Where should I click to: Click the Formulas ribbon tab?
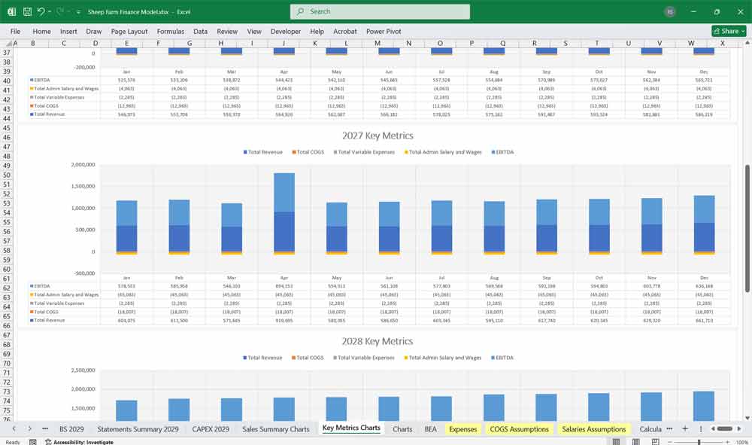pyautogui.click(x=171, y=32)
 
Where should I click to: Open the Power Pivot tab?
pyautogui.click(x=384, y=32)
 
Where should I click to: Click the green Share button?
pyautogui.click(x=728, y=31)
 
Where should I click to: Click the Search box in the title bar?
pyautogui.click(x=380, y=11)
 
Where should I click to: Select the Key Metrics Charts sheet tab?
pyautogui.click(x=351, y=428)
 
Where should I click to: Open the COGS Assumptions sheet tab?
pyautogui.click(x=519, y=429)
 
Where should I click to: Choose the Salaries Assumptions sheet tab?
pyautogui.click(x=593, y=429)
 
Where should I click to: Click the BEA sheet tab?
pyautogui.click(x=430, y=429)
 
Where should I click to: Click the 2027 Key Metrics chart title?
pyautogui.click(x=377, y=136)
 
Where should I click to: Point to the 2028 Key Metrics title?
pyautogui.click(x=377, y=341)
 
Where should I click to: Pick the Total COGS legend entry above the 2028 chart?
pyautogui.click(x=309, y=358)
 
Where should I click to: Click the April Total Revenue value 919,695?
pyautogui.click(x=284, y=320)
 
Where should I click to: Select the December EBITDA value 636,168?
pyautogui.click(x=704, y=286)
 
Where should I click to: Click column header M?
pyautogui.click(x=378, y=43)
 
